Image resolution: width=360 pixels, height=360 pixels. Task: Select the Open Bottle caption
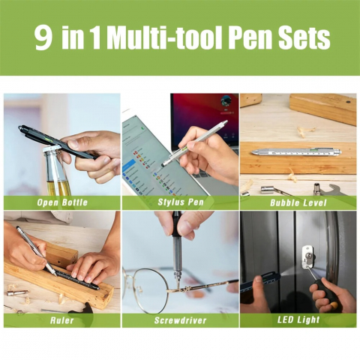tap(62, 202)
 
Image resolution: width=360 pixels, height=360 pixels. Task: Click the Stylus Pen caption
tap(181, 202)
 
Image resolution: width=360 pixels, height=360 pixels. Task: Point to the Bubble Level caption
tap(298, 202)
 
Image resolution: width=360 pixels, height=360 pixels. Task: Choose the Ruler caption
tap(61, 320)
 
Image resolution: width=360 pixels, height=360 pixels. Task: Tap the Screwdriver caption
tap(180, 320)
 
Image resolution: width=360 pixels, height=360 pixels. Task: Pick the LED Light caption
tap(298, 319)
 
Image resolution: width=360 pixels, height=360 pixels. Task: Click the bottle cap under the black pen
tap(52, 151)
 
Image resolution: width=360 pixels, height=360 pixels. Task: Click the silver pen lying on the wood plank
tap(296, 151)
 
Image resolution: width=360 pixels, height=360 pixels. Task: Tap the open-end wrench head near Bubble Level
tap(340, 190)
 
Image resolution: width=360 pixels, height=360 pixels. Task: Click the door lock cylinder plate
tap(307, 257)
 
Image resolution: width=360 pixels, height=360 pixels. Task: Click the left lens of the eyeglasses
tap(145, 290)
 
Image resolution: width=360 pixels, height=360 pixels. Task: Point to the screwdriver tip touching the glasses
tap(178, 285)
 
